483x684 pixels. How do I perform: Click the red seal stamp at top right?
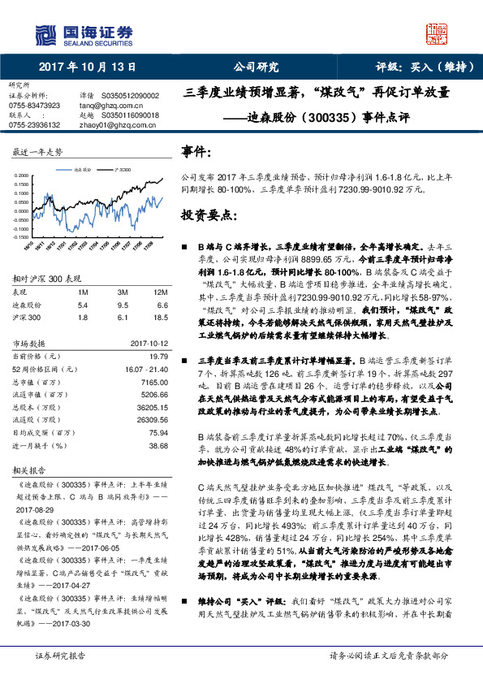436,33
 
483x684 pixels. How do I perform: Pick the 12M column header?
160,292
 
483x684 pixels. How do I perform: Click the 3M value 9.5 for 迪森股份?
123,304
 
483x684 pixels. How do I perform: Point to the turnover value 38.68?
158,446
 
